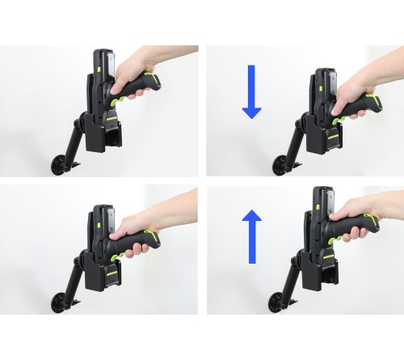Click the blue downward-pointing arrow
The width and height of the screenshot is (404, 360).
(251, 91)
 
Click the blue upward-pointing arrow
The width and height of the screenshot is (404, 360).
(251, 236)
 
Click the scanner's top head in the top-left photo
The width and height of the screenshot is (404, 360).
(100, 61)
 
